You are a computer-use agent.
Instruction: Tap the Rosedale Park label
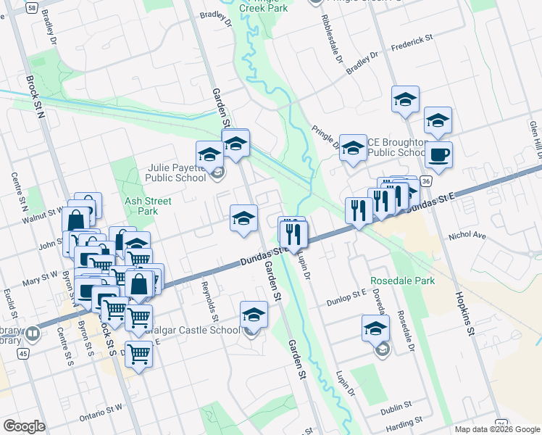[x=402, y=281]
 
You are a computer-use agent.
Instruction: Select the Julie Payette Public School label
[x=169, y=171]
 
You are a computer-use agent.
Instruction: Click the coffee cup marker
[x=438, y=154]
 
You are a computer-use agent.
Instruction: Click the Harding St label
[x=403, y=422]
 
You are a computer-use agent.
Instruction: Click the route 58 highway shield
[x=32, y=7]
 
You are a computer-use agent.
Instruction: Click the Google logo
[x=25, y=426]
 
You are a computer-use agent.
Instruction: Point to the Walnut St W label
[x=42, y=215]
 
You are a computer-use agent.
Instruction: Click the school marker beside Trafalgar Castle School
[x=254, y=315]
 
